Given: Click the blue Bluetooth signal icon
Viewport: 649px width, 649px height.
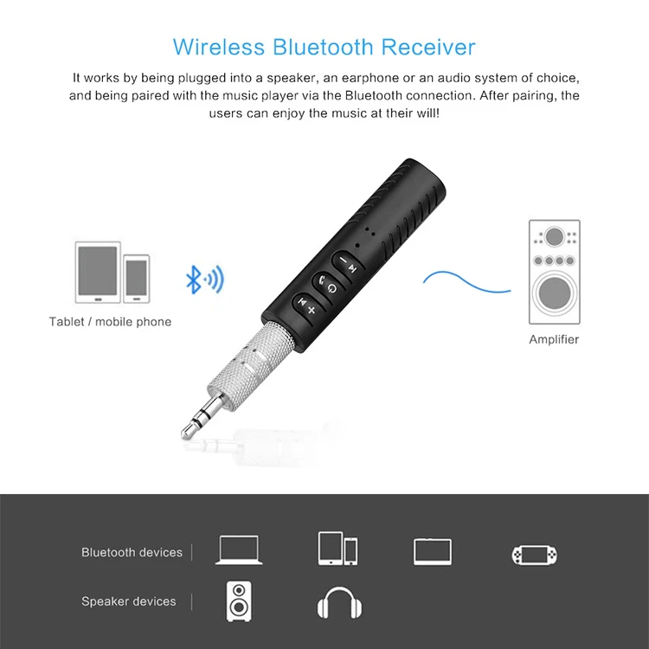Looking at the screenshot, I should pyautogui.click(x=205, y=279).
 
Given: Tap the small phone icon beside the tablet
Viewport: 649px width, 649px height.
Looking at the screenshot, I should pyautogui.click(x=137, y=279).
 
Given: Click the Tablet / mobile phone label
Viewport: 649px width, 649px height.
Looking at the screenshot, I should pyautogui.click(x=110, y=322).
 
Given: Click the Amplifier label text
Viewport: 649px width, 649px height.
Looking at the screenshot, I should pyautogui.click(x=554, y=339).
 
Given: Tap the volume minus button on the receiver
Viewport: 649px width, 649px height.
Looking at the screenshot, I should pyautogui.click(x=344, y=260).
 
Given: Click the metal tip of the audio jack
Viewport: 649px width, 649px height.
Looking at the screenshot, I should pyautogui.click(x=192, y=423).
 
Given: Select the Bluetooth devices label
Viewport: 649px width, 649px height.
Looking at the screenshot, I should pyautogui.click(x=132, y=552).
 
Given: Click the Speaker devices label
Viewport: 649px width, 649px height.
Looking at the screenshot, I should pyautogui.click(x=128, y=601).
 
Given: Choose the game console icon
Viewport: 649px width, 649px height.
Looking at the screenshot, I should pyautogui.click(x=534, y=554).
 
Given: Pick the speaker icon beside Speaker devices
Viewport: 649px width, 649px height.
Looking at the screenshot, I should pyautogui.click(x=241, y=601).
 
